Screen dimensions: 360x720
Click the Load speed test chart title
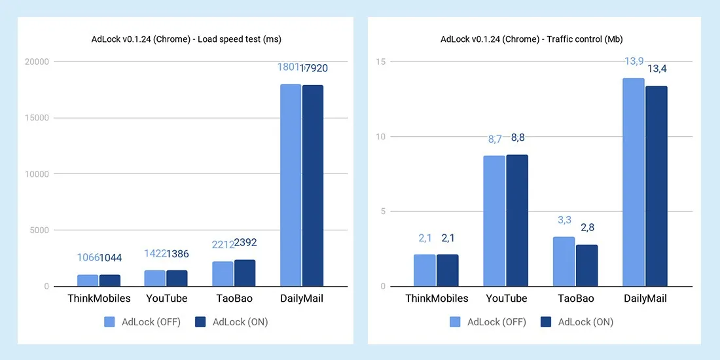(186, 39)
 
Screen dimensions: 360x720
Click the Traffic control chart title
(532, 39)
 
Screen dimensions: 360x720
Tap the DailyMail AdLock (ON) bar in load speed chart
(312, 186)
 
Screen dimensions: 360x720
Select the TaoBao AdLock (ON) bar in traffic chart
(586, 265)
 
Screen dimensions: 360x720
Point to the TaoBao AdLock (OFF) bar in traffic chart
(564, 261)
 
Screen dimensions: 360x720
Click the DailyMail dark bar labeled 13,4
(656, 186)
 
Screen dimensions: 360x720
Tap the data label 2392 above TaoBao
(245, 243)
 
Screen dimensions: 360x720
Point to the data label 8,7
(494, 139)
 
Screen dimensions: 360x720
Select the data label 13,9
(634, 61)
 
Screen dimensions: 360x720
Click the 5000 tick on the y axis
(39, 230)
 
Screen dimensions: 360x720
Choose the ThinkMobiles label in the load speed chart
(99, 298)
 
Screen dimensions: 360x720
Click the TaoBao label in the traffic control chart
(575, 298)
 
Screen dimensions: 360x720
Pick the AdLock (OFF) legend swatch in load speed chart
(109, 322)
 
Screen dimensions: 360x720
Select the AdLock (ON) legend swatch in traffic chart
(547, 322)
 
